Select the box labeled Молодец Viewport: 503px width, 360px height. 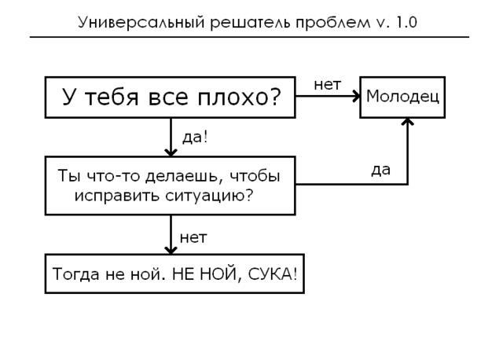tap(402, 97)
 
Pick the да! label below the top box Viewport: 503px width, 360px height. tap(195, 138)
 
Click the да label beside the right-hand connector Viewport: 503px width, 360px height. tap(380, 169)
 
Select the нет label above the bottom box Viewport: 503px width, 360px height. tap(193, 237)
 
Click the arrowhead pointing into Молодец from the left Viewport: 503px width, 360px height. tap(355, 97)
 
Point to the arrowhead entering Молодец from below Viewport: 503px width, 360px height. tap(407, 123)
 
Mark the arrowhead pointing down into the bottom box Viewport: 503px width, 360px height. tap(171, 248)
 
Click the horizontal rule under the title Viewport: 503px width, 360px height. tap(249, 37)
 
